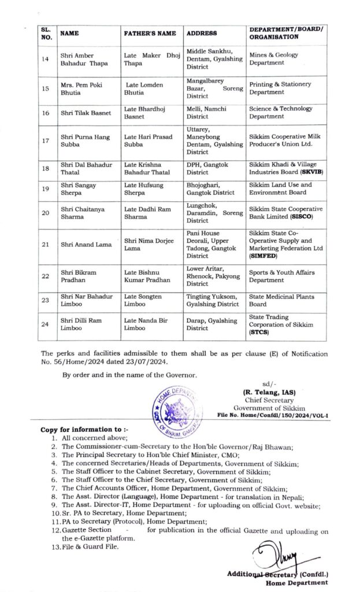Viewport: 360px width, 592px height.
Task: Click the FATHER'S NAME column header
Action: tap(150, 33)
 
